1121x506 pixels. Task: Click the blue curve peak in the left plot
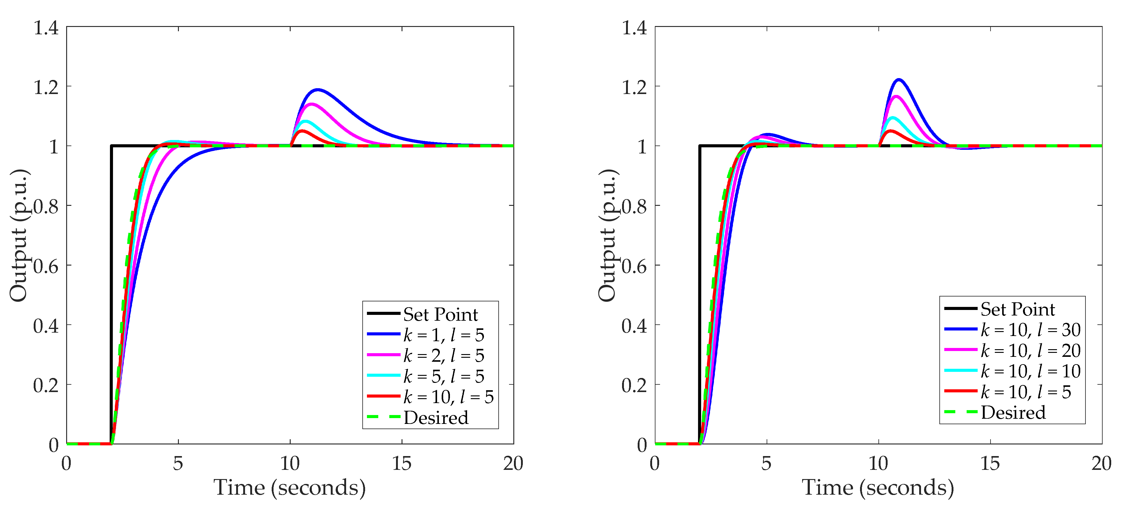point(318,90)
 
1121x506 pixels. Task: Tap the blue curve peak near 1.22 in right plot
point(899,80)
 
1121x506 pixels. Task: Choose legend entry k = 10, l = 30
point(1030,330)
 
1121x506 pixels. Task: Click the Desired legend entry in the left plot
point(436,418)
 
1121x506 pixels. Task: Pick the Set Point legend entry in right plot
point(1017,309)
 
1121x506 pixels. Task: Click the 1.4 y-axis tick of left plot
point(46,28)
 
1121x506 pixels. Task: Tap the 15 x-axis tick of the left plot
point(401,464)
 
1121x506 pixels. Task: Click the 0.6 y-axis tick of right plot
point(634,266)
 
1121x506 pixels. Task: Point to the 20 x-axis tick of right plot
point(1101,464)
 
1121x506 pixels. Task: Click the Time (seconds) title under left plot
point(289,488)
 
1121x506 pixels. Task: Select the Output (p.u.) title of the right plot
point(607,235)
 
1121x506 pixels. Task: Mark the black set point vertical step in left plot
point(111,296)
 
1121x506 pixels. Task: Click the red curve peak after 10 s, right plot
point(891,131)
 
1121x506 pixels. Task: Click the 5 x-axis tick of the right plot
point(766,464)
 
